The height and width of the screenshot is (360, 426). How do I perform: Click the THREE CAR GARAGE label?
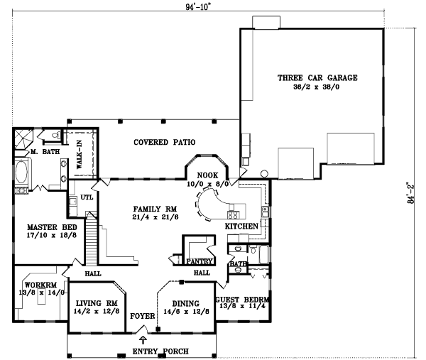317,77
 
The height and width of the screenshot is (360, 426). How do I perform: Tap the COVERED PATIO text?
165,142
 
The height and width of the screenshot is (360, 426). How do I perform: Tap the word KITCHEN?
241,226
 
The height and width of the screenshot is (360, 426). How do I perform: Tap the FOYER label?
142,315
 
